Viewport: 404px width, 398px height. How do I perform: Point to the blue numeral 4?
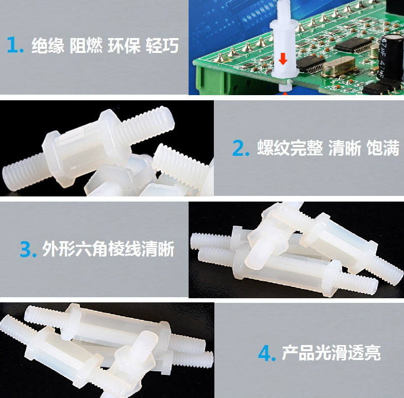point(266,353)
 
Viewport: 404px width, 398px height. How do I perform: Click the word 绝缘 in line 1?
point(48,46)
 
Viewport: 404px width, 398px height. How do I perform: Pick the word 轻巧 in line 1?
point(162,46)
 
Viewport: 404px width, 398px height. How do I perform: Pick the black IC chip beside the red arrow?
point(311,63)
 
